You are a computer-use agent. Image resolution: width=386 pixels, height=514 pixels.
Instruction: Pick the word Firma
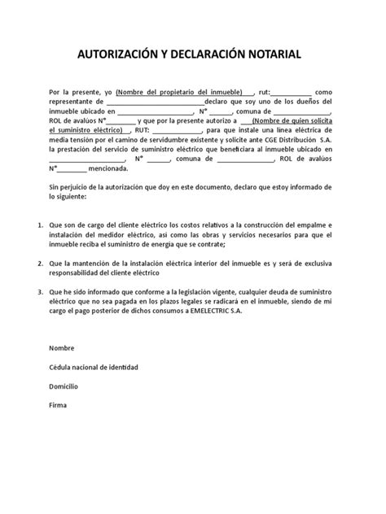tap(57, 404)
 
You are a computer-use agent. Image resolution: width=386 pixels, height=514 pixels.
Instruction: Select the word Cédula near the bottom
tap(62, 367)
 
